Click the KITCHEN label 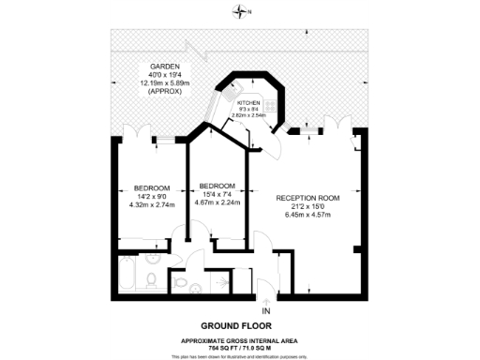pos(247,101)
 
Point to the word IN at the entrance pos(266,310)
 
